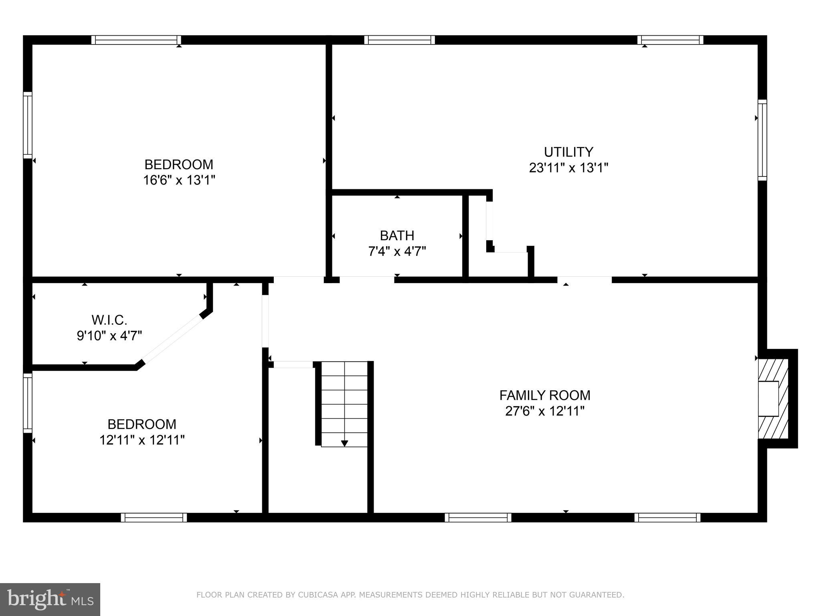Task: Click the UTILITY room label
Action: [x=568, y=152]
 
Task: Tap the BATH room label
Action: [x=397, y=235]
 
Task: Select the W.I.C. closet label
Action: [x=109, y=320]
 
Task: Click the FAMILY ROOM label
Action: [x=545, y=395]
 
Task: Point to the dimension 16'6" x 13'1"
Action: [x=179, y=180]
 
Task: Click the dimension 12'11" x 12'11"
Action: [x=142, y=440]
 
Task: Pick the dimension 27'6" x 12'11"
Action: [x=545, y=411]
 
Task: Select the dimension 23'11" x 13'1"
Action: [x=568, y=168]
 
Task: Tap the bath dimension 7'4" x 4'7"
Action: [x=397, y=251]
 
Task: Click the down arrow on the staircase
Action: [x=344, y=443]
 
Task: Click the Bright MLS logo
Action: [x=50, y=599]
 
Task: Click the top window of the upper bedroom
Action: [x=136, y=40]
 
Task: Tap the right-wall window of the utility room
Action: [x=762, y=140]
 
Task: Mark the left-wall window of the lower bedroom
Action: [x=27, y=403]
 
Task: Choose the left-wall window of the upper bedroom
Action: [x=27, y=125]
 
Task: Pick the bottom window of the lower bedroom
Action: [x=154, y=517]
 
